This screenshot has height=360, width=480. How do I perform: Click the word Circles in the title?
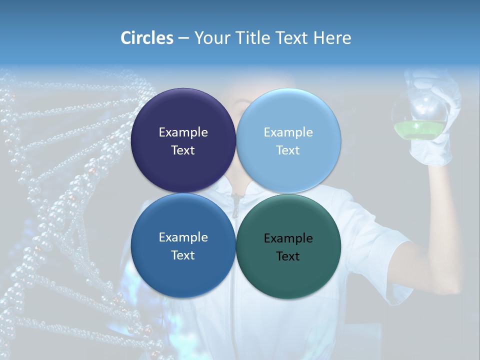(x=146, y=38)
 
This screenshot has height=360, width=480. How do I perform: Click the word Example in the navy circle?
(x=183, y=132)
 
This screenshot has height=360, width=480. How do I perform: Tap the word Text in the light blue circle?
(x=288, y=150)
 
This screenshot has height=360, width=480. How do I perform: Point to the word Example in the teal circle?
(x=288, y=238)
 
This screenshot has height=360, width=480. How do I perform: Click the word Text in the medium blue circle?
(x=183, y=255)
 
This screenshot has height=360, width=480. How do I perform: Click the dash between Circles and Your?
(x=183, y=38)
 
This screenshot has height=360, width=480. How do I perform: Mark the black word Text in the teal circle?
(x=288, y=256)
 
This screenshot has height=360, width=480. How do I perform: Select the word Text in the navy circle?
(x=183, y=150)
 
